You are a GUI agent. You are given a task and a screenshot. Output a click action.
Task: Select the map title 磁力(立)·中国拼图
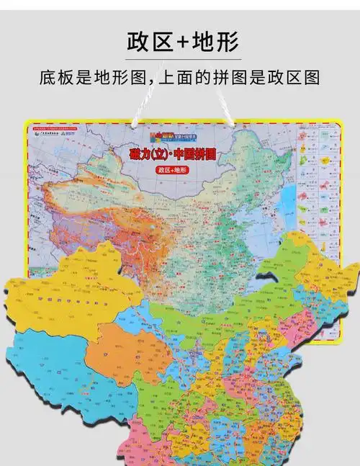(x=180, y=156)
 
